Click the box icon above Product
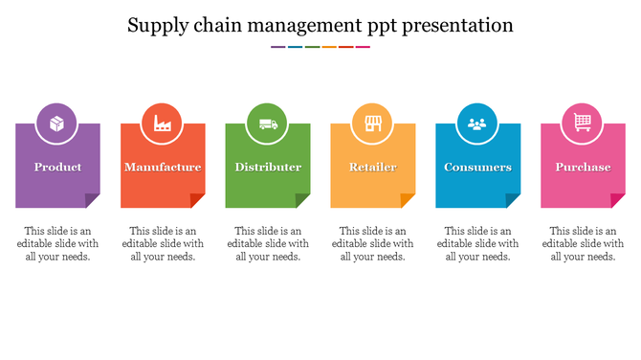tap(57, 124)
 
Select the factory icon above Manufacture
tap(163, 124)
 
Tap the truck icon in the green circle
tap(268, 124)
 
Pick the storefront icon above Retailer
tap(372, 124)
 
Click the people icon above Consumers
tap(477, 124)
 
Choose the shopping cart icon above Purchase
tap(583, 123)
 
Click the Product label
tap(57, 168)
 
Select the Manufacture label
tap(163, 168)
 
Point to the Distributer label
tap(268, 168)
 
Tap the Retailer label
tap(372, 168)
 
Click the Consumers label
tap(477, 168)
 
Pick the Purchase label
tap(583, 168)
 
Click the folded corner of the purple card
tap(94, 201)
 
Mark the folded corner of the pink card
tap(619, 201)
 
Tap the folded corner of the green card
tap(304, 201)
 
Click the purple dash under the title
tap(277, 46)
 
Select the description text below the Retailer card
tap(373, 243)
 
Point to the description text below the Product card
tap(57, 243)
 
